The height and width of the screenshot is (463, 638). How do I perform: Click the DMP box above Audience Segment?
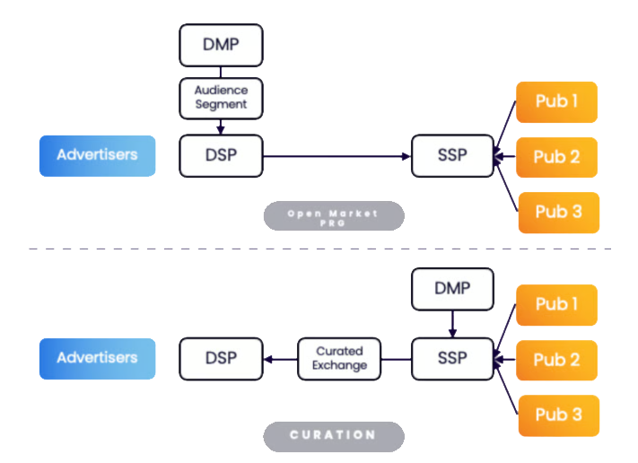pos(221,45)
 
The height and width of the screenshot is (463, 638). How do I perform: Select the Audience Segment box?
pos(221,99)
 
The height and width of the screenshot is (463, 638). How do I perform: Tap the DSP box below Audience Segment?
pos(221,156)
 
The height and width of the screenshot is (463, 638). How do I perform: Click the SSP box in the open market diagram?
pos(452,156)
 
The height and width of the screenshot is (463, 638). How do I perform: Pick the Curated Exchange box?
pos(339,359)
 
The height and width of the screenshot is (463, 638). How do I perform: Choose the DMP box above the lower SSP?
pos(452,289)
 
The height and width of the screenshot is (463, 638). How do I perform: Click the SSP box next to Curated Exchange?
pos(452,359)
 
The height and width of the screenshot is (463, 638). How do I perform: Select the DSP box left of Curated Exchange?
pos(221,359)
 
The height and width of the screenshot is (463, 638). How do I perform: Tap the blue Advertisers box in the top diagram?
pos(97,156)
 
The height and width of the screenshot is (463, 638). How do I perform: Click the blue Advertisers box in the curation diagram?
pos(97,358)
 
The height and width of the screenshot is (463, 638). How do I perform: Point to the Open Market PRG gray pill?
pos(334,215)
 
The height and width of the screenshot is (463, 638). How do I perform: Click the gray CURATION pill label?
pos(334,437)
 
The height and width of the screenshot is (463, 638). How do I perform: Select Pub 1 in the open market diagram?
pos(556,102)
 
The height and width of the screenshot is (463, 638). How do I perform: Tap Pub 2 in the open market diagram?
pos(556,157)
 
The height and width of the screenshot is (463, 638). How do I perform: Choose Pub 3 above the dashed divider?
pos(559,213)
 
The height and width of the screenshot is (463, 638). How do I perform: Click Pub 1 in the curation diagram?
pos(556,305)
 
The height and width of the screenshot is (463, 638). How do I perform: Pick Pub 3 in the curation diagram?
pos(559,415)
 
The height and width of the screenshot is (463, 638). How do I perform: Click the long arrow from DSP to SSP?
pos(336,156)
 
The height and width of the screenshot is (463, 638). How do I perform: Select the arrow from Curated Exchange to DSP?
pos(281,359)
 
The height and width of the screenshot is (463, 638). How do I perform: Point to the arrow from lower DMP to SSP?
pos(452,324)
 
